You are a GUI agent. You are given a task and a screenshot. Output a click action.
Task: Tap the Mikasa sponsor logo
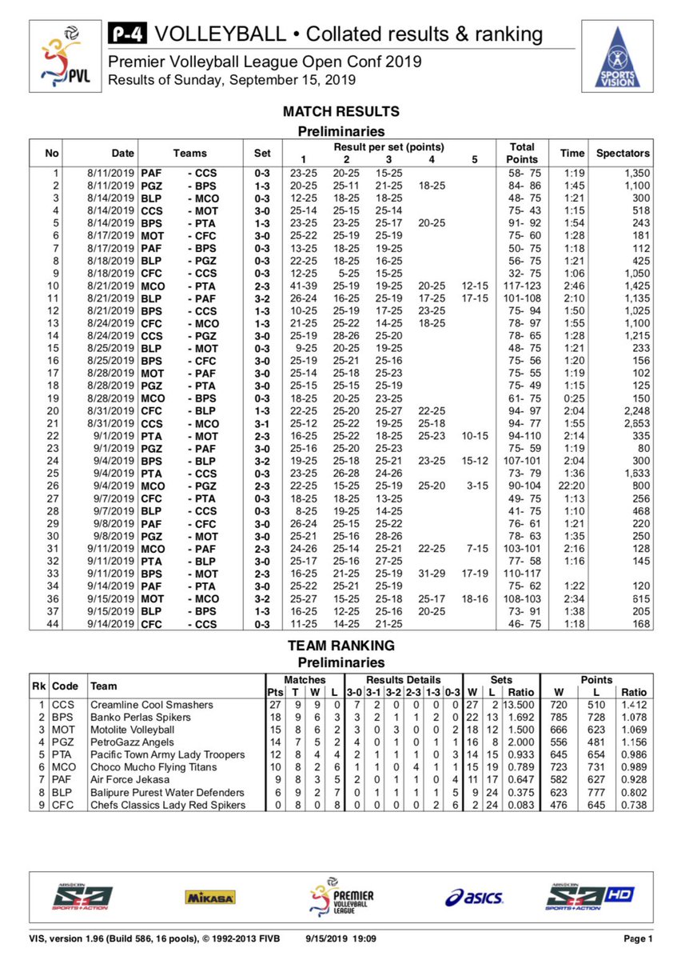210,897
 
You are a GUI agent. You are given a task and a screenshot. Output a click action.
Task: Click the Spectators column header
623,153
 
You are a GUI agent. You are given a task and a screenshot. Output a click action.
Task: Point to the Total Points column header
522,153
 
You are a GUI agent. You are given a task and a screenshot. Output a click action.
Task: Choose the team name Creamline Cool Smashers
151,705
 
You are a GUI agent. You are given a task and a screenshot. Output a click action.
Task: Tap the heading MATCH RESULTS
341,112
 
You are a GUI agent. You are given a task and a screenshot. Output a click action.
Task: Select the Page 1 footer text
639,938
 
